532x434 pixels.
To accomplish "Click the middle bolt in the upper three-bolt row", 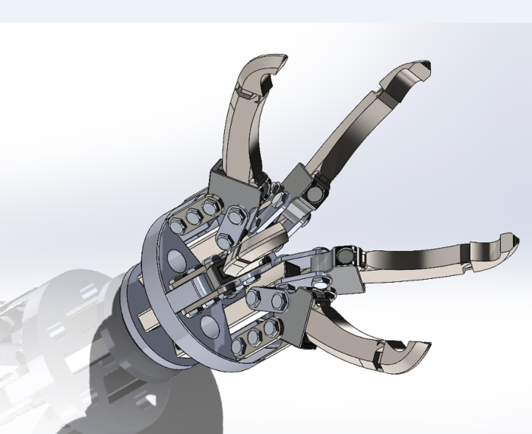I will click(x=194, y=216).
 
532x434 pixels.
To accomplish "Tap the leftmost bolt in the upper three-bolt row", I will click(x=178, y=225).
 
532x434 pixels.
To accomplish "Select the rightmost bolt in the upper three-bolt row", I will click(x=209, y=207).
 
